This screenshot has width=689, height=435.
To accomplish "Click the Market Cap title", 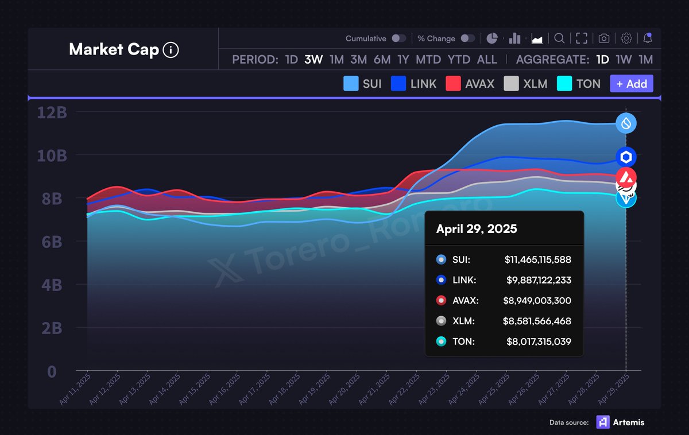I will (113, 50).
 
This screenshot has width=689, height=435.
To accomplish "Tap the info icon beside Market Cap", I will (171, 50).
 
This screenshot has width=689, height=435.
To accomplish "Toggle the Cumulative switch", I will (398, 38).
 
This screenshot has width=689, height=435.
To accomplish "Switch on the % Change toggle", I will (468, 38).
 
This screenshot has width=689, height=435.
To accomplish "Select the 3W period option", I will (313, 60).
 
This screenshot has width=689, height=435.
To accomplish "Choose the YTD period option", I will (459, 60).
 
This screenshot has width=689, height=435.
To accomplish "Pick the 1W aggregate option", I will (624, 60).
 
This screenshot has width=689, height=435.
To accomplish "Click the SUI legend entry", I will (362, 84).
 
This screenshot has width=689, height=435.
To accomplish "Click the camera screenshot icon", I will (603, 38).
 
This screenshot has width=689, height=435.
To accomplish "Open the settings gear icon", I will (626, 38).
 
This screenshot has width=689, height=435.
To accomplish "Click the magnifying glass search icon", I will (559, 38).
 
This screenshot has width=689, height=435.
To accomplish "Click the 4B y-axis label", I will (52, 285).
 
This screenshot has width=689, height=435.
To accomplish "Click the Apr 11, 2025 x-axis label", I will (75, 389).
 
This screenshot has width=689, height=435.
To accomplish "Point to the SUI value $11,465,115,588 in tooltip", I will (537, 260).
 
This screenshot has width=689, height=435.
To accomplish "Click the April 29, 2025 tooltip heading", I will (477, 229).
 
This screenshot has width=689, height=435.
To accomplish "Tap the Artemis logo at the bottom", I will (602, 422).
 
